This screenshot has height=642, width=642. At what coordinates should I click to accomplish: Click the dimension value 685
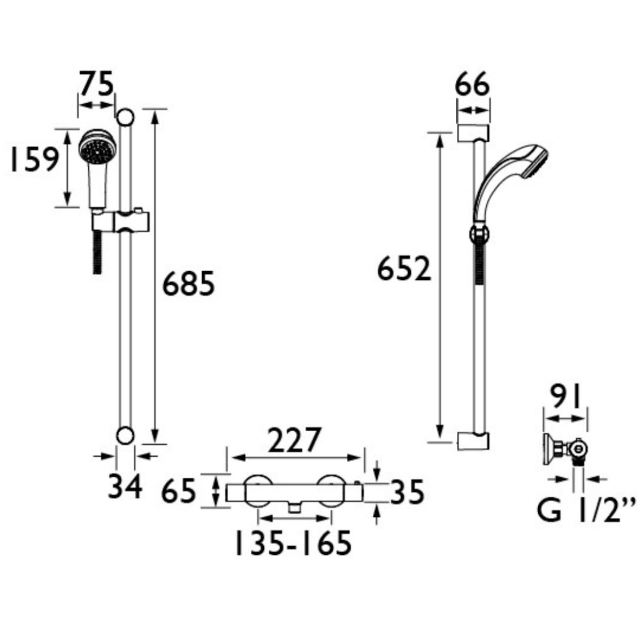pyautogui.click(x=188, y=284)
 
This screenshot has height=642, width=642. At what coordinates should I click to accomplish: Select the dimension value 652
pyautogui.click(x=404, y=269)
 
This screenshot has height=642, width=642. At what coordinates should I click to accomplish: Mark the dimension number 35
pyautogui.click(x=406, y=492)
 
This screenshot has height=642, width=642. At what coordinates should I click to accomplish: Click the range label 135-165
pyautogui.click(x=293, y=542)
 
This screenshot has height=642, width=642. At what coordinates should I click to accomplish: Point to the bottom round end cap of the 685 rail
pyautogui.click(x=125, y=435)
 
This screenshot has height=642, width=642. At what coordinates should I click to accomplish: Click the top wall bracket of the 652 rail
pyautogui.click(x=473, y=133)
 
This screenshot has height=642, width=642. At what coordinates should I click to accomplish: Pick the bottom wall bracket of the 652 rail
pyautogui.click(x=473, y=440)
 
